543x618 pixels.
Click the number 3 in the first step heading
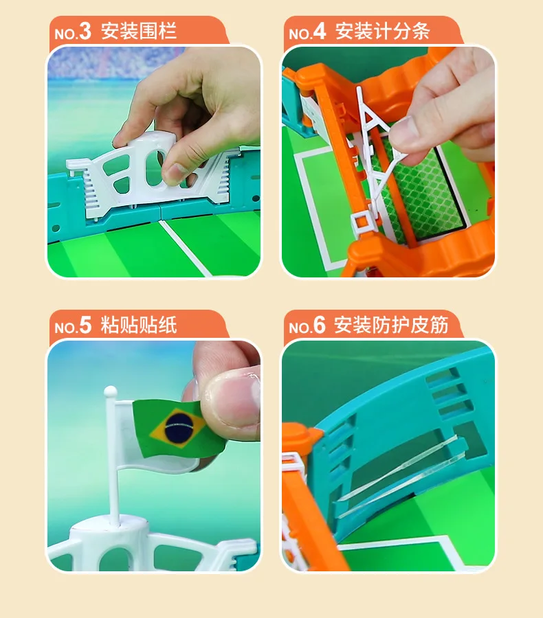click(85, 32)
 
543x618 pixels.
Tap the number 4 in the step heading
click(320, 32)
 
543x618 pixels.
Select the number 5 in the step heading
click(85, 325)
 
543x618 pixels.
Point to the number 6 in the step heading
click(319, 325)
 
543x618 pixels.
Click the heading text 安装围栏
click(139, 32)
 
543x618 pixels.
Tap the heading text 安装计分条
click(382, 32)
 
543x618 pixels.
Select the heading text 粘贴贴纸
click(139, 325)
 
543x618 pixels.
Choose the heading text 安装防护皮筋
click(391, 325)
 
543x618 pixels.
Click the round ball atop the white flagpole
click(110, 392)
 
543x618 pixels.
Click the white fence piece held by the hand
click(148, 168)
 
